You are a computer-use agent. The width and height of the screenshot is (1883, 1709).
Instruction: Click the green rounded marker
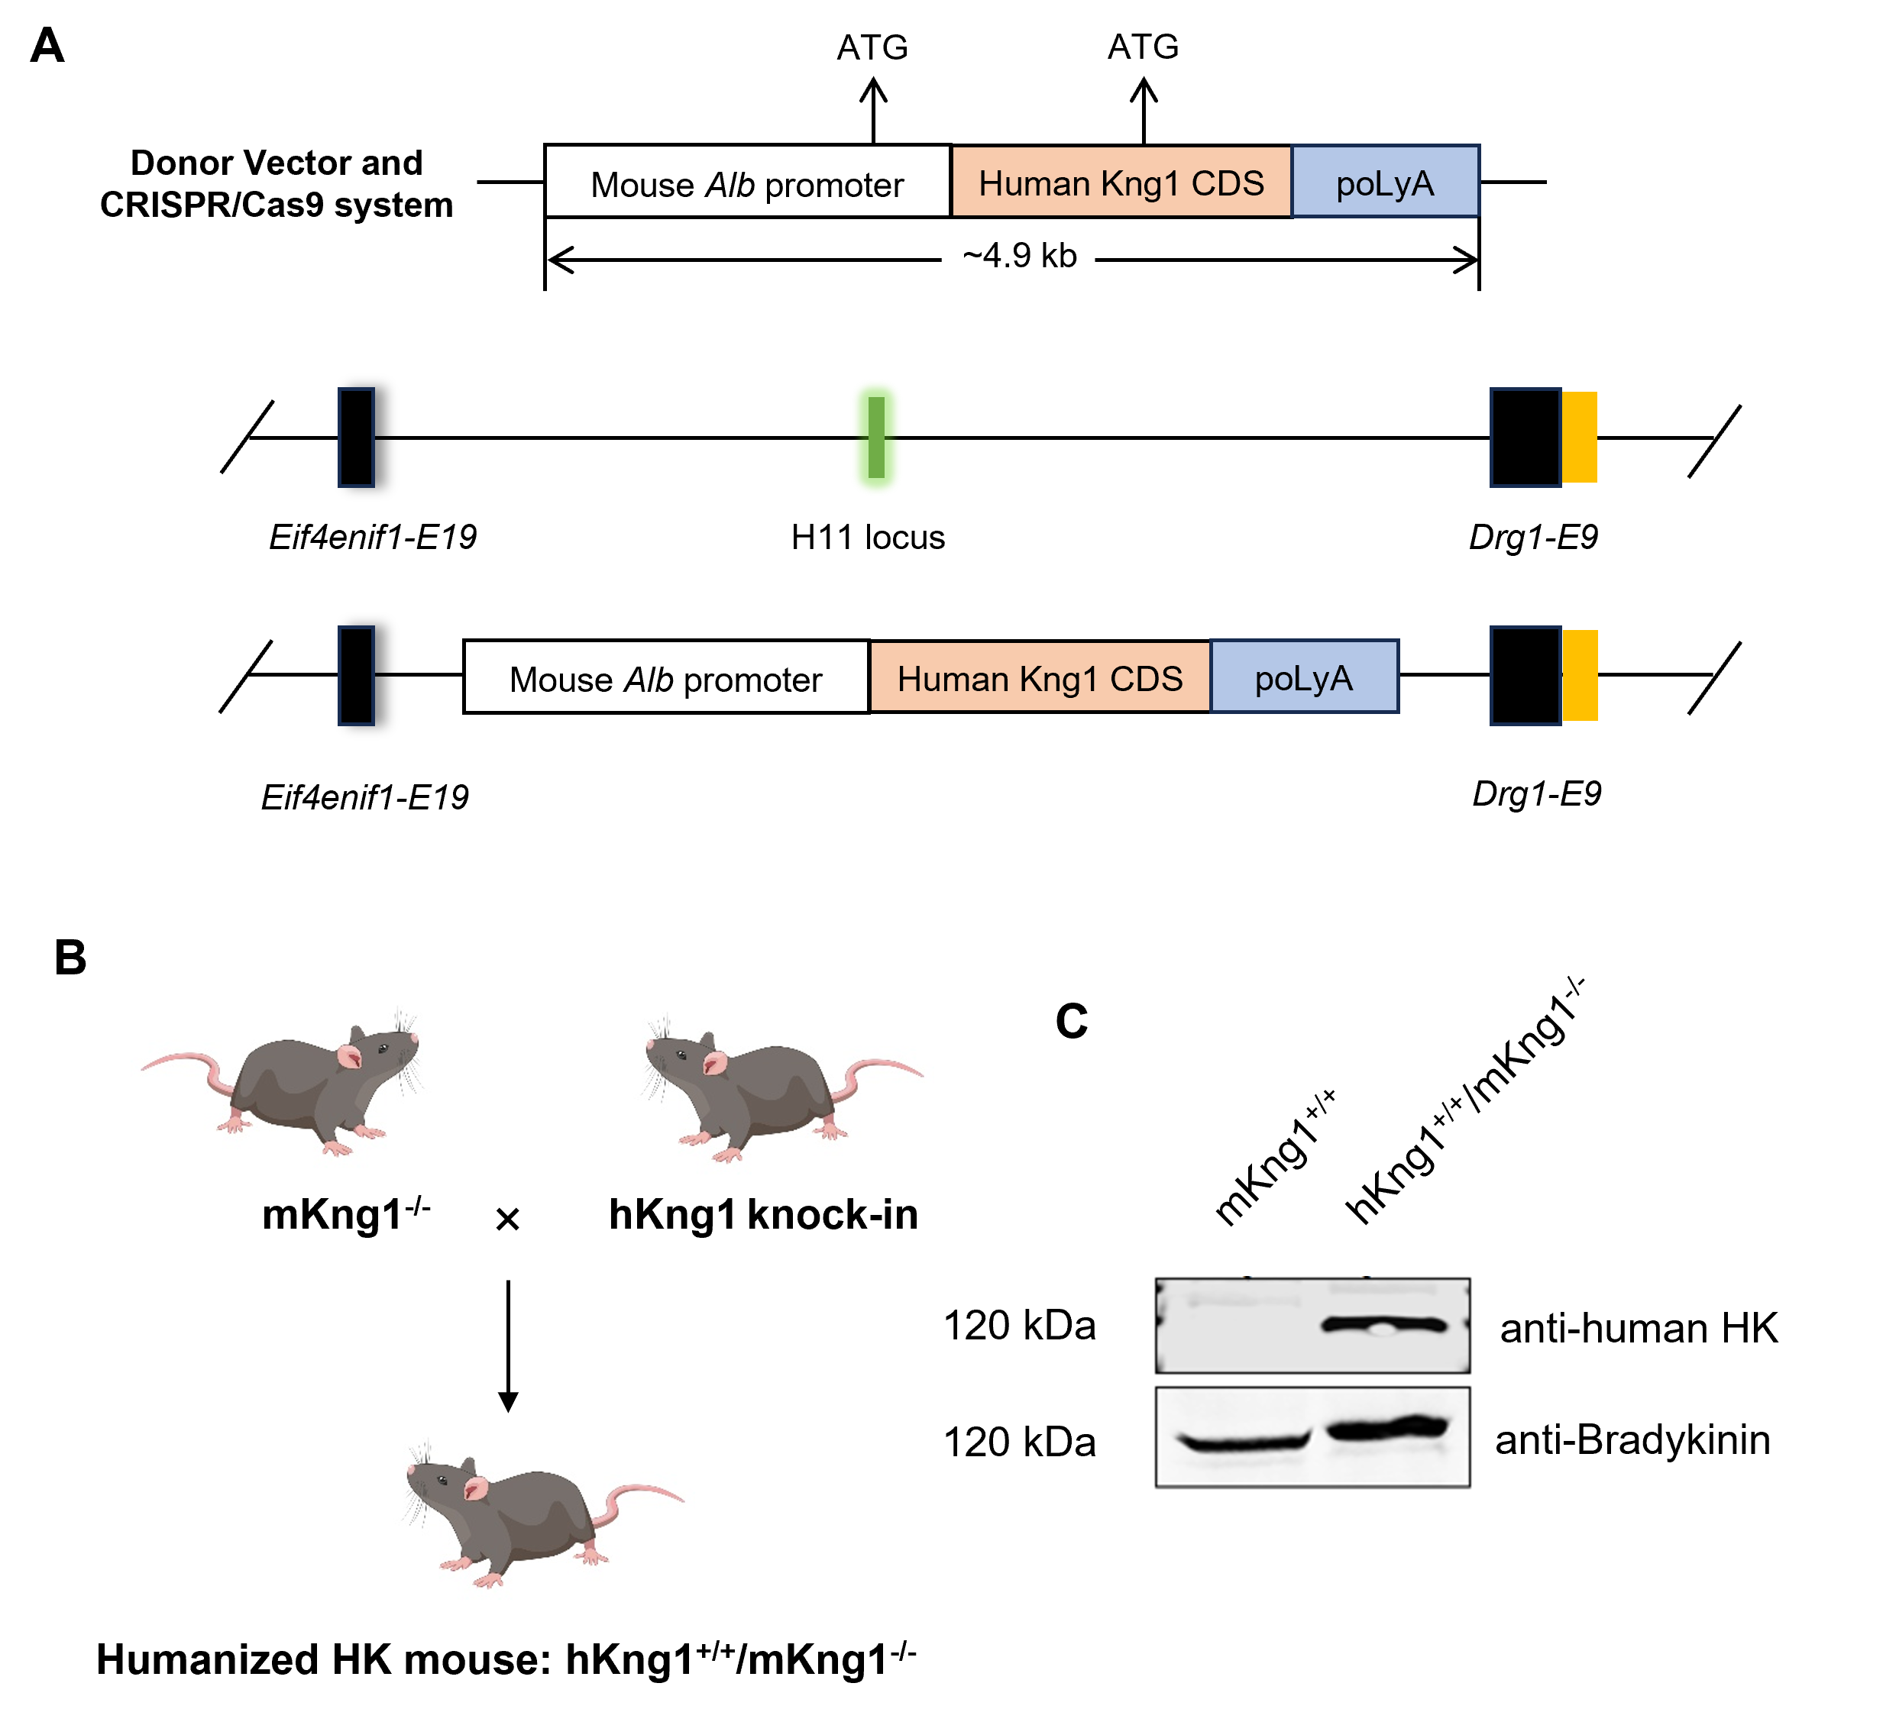(x=876, y=437)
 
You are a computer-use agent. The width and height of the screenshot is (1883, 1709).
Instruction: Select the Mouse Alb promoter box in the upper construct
(x=747, y=182)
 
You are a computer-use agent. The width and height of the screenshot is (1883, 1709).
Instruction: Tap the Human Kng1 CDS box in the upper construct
(x=1121, y=182)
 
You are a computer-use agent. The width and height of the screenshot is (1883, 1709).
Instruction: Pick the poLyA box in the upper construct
(x=1385, y=182)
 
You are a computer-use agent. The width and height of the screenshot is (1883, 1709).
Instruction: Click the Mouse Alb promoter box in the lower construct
(x=666, y=677)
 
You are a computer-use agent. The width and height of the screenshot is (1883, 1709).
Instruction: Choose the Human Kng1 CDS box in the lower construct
(x=1040, y=677)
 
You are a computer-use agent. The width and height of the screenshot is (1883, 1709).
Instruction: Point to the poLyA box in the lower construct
(x=1304, y=677)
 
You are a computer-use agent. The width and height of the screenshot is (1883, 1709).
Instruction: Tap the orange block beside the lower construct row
(x=1580, y=675)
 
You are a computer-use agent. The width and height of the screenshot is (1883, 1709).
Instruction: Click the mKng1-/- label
(x=345, y=1214)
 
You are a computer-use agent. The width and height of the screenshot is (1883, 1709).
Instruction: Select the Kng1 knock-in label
(x=776, y=1215)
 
